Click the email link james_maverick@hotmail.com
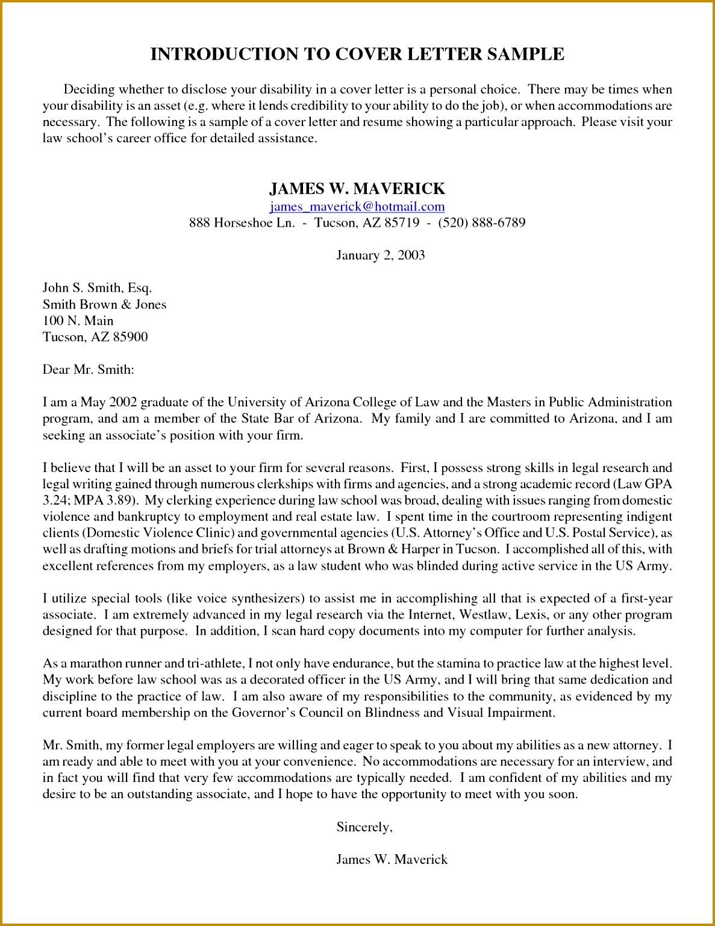point(357,207)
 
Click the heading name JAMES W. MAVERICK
point(357,189)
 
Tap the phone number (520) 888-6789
point(482,222)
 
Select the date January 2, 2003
point(381,255)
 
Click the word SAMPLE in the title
point(525,54)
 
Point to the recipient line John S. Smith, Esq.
point(97,288)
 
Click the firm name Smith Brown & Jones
point(104,304)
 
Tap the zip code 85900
point(130,337)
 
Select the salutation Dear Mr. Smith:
point(89,370)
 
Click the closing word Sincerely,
point(364,827)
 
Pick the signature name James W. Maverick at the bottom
point(392,860)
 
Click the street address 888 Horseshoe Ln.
point(242,222)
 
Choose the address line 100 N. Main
point(78,321)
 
